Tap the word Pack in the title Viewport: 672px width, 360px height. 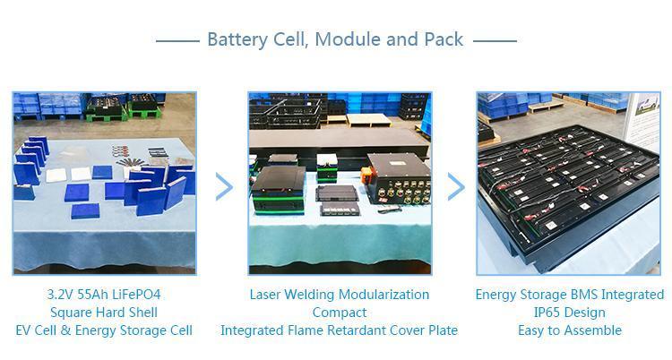coord(441,39)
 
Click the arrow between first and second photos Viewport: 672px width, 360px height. coord(223,186)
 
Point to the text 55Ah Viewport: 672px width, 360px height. coord(97,295)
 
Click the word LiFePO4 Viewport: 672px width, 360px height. coord(139,295)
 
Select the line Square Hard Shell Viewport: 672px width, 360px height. coord(104,313)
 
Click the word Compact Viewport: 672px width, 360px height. coord(339,313)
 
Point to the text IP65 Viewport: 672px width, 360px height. coord(548,313)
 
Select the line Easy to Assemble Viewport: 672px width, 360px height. coord(570,330)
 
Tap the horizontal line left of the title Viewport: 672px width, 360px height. coord(177,40)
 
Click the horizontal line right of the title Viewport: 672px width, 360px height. coord(495,40)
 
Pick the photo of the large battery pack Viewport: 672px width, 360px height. coord(568,183)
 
